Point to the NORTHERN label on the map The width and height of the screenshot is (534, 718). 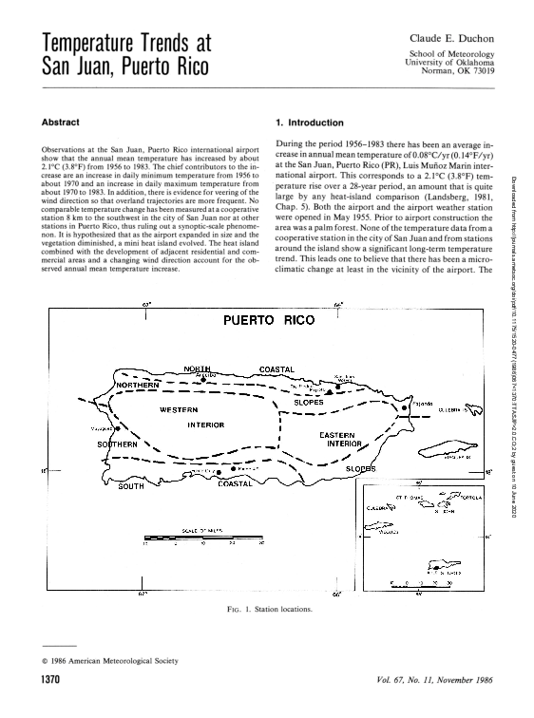coord(142,385)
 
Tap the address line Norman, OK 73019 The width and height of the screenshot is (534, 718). coord(458,71)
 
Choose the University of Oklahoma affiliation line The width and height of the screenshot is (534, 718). coord(454,63)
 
